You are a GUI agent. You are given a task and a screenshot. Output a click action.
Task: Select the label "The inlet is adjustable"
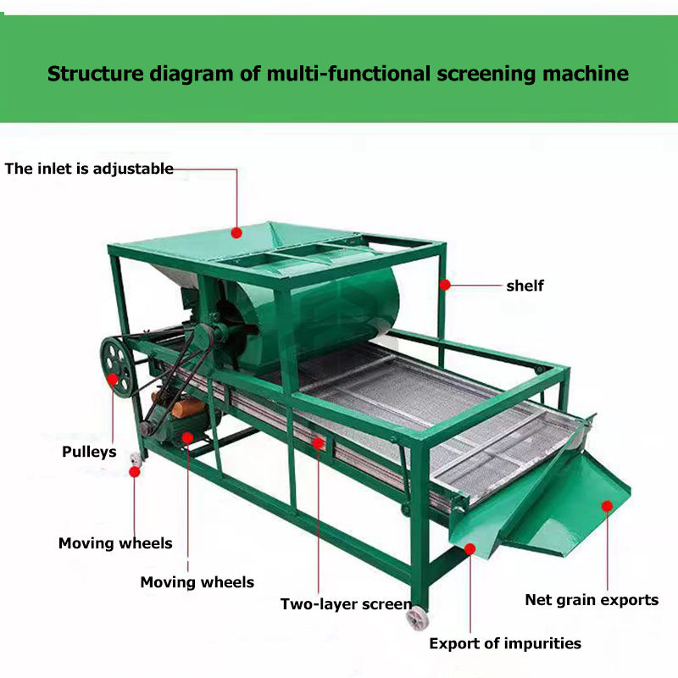click(x=89, y=168)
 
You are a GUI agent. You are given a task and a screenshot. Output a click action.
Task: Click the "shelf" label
click(x=525, y=286)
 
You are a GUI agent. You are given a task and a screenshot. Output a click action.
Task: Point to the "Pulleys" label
click(x=89, y=452)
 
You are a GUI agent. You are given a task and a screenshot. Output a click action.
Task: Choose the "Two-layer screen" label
click(x=346, y=604)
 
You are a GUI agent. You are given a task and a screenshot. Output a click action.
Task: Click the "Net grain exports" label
click(x=592, y=600)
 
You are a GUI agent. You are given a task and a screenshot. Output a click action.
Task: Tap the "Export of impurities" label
click(x=505, y=643)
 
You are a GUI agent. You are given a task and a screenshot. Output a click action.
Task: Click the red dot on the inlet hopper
click(x=237, y=231)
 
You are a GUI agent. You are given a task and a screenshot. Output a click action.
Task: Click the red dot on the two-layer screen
click(x=319, y=442)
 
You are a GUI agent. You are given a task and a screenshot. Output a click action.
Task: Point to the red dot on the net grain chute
click(x=607, y=506)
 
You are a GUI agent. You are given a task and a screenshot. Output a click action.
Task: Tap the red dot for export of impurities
click(x=470, y=548)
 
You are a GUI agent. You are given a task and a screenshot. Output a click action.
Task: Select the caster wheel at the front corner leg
click(x=417, y=618)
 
